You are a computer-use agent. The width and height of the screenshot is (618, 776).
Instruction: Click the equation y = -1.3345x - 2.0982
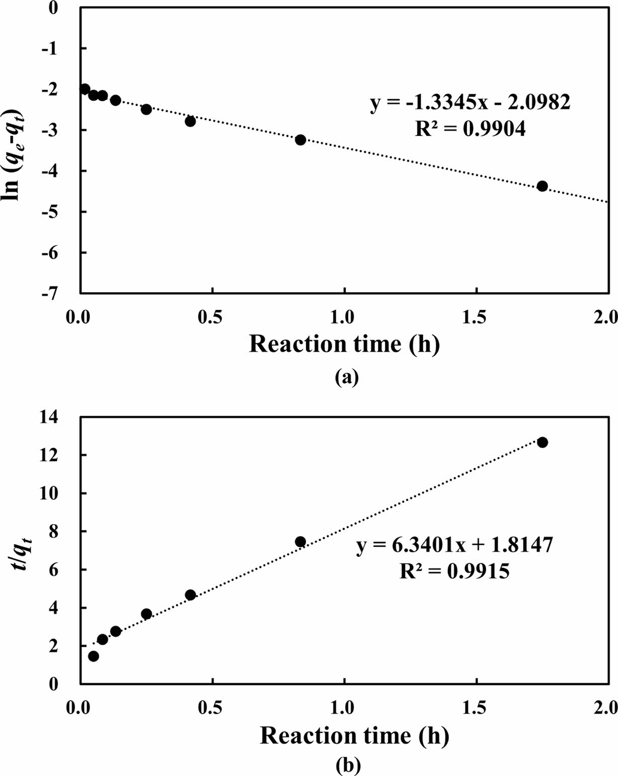tap(471, 103)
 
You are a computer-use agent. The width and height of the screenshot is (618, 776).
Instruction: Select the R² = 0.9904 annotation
tap(470, 129)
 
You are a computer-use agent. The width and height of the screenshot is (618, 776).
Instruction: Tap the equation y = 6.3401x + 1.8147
tap(455, 545)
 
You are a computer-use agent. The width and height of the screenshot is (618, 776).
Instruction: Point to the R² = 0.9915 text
tap(454, 571)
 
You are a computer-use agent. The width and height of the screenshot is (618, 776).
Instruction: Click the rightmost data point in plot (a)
tap(542, 186)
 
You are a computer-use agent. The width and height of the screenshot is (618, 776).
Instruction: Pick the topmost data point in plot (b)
tap(542, 442)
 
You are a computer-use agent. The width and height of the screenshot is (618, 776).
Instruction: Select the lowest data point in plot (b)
tap(94, 656)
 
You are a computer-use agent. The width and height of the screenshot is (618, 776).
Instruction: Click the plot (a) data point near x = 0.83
tap(300, 140)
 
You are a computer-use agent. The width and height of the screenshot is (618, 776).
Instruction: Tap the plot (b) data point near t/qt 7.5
tap(300, 541)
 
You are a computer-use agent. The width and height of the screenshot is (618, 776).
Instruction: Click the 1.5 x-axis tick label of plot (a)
tap(476, 317)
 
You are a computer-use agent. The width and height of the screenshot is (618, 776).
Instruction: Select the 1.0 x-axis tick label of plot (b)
tap(344, 708)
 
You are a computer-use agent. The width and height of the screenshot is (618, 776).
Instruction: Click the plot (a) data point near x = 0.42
tap(190, 121)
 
